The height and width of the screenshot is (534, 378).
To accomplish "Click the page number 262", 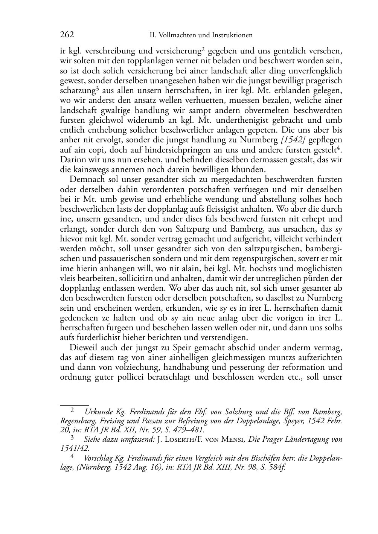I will pyautogui.click(x=67, y=35).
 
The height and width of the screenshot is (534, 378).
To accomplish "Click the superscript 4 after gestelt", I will pyautogui.click(x=340, y=148).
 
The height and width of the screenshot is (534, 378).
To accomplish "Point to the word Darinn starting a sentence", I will pyautogui.click(x=72, y=160).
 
